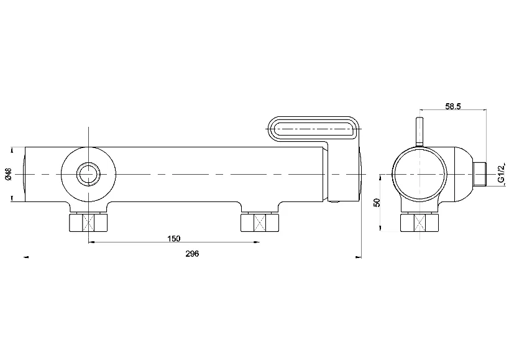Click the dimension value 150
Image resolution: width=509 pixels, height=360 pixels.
point(173,238)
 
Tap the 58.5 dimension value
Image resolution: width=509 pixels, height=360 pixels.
point(452,106)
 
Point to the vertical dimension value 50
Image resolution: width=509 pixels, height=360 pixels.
point(377,202)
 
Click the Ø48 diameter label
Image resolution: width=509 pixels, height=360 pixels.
point(7,175)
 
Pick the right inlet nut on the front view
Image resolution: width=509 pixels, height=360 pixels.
point(259,222)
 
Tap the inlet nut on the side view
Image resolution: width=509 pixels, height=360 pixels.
point(420,222)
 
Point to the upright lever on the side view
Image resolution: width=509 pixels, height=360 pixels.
point(420,132)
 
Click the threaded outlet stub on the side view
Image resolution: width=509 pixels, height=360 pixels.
point(480,175)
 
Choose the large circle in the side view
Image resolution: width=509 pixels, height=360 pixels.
point(420,175)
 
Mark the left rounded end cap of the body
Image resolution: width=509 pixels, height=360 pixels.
point(23,175)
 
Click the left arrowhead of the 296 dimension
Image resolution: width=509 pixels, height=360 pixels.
point(25,256)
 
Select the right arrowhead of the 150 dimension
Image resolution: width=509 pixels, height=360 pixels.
point(257,242)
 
